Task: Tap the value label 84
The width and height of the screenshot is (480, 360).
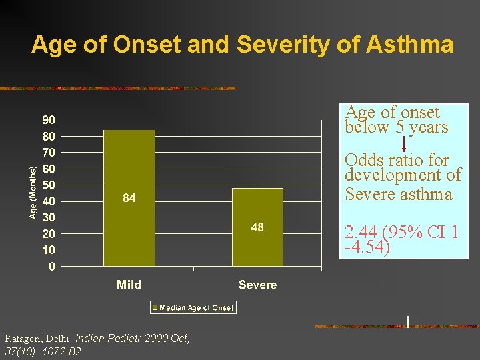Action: click(129, 198)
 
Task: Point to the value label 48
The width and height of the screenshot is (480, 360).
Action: click(257, 227)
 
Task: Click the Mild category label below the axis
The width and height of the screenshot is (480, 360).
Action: click(129, 285)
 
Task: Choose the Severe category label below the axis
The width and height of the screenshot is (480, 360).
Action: click(257, 285)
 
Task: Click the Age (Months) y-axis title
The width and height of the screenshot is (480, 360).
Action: click(33, 193)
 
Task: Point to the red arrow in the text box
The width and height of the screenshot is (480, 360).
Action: click(404, 143)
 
